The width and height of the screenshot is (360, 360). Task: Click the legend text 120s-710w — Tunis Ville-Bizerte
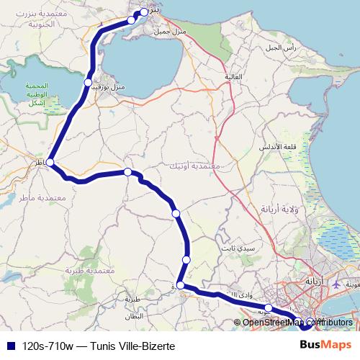[x=99, y=345]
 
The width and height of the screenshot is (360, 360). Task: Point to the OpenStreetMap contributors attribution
[x=297, y=323]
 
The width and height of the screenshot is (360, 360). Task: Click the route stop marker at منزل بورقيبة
[x=88, y=83]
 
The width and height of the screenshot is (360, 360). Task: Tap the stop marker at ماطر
[x=50, y=163]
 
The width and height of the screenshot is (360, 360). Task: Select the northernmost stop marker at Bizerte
[x=144, y=12]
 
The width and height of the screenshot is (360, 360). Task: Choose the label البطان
[x=135, y=316]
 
